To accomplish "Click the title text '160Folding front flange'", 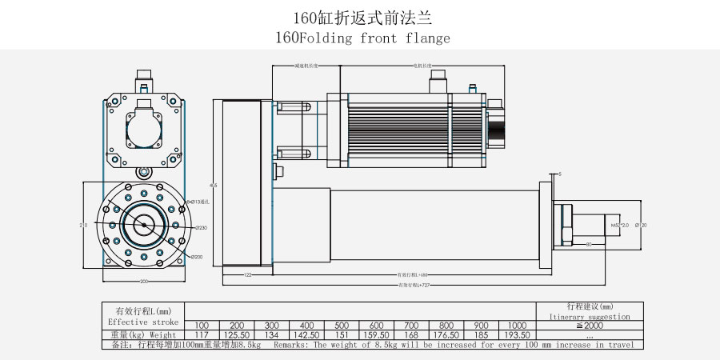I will (362, 38).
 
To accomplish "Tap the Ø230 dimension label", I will (200, 228).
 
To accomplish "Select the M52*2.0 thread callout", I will (620, 226).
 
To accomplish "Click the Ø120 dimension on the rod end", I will (640, 226).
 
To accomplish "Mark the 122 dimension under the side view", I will (247, 274).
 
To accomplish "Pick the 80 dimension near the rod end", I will (588, 243).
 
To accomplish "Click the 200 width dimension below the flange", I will (144, 282).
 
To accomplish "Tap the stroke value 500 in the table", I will (342, 326).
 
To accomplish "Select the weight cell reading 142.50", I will (307, 334).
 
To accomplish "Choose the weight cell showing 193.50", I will (517, 334).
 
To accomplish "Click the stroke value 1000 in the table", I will (517, 326).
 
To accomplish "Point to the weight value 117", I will (202, 334).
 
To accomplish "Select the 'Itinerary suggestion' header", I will (590, 317).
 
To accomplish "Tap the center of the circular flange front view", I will (144, 226).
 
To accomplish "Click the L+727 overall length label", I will (416, 285).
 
